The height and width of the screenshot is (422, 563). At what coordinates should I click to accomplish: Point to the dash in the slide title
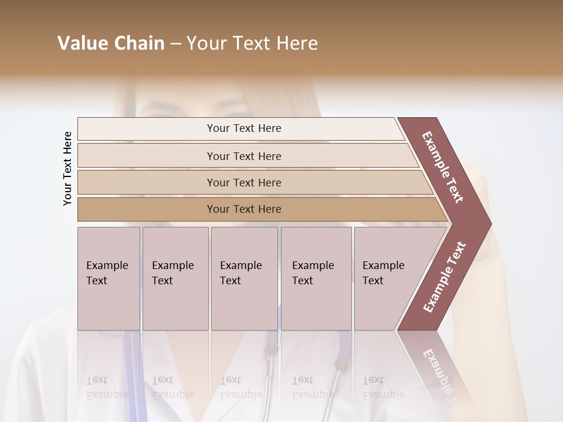point(175,44)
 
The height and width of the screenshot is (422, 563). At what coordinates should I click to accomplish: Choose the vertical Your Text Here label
point(67,169)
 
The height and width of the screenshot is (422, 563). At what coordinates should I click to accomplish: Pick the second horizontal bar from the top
point(244,156)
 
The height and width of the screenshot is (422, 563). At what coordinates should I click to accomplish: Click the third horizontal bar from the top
point(244,182)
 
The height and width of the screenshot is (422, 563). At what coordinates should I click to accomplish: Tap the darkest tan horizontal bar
point(244,209)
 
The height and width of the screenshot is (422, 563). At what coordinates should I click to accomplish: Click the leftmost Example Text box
point(108,278)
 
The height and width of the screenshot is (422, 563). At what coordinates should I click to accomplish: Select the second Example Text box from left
point(175,278)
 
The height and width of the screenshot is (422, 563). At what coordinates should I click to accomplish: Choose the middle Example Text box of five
point(243,278)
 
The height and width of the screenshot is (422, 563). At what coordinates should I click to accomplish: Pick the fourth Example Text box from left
point(316,278)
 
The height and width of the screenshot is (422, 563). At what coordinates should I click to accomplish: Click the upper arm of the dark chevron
point(443,166)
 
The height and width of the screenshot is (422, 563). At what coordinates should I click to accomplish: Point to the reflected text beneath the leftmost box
point(107,387)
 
